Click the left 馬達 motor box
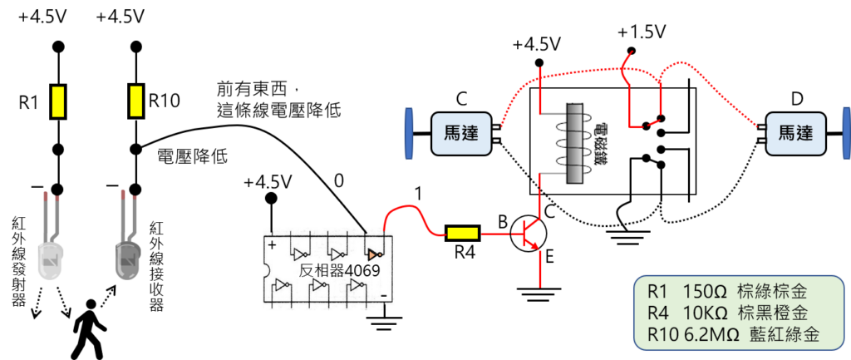(x=461, y=133)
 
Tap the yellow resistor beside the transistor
(x=462, y=234)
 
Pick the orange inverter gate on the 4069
(x=373, y=252)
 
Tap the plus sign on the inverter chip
(x=273, y=244)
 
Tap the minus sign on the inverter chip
(x=383, y=294)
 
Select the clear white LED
(x=52, y=258)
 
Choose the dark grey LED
(x=128, y=258)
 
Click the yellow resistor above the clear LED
(x=58, y=101)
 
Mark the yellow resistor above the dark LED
(x=136, y=101)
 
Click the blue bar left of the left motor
(x=408, y=133)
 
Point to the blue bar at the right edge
(x=846, y=133)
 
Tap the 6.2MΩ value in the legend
(x=707, y=335)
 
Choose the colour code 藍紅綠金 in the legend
(x=785, y=335)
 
